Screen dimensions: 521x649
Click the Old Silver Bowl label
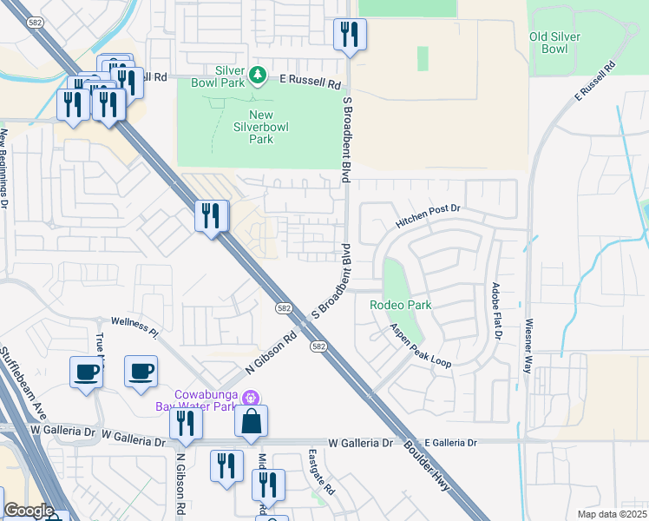pyautogui.click(x=554, y=43)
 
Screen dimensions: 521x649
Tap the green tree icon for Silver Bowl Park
pyautogui.click(x=257, y=76)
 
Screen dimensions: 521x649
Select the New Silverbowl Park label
pyautogui.click(x=249, y=127)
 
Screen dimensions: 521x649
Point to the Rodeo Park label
pyautogui.click(x=400, y=305)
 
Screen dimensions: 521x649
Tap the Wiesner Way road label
pyautogui.click(x=527, y=346)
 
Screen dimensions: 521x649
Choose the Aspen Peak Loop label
pyautogui.click(x=420, y=346)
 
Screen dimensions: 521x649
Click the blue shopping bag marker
pyautogui.click(x=251, y=423)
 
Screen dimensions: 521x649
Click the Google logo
pyautogui.click(x=29, y=511)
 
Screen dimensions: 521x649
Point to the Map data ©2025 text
pyautogui.click(x=612, y=514)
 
